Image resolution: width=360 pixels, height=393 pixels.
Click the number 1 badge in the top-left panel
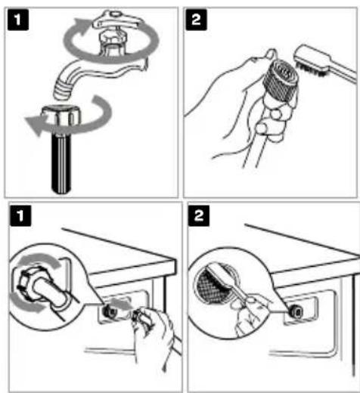18,20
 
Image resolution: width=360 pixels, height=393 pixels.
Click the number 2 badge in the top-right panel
196,20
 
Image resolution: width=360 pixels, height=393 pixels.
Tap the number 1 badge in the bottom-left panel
20,215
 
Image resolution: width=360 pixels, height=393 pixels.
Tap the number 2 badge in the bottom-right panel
199,215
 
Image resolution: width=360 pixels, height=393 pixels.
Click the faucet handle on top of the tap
115,21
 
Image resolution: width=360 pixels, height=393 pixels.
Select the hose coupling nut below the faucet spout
61,116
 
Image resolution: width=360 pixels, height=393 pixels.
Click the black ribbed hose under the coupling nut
61,164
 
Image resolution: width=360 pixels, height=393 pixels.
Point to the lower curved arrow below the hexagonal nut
25,305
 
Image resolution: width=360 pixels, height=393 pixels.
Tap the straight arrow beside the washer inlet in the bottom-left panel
121,304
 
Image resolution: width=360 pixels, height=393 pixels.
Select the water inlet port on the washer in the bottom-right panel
296,311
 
